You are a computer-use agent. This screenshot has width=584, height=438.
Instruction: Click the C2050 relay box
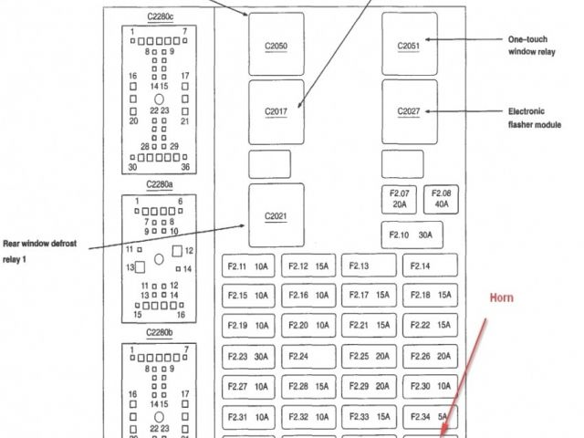(x=276, y=44)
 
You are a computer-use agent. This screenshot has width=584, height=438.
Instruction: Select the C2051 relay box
(x=409, y=44)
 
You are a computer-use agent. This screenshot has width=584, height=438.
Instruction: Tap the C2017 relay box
(x=276, y=111)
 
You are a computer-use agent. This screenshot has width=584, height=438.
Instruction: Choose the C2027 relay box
(x=409, y=111)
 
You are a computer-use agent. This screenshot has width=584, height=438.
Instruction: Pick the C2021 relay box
(x=276, y=215)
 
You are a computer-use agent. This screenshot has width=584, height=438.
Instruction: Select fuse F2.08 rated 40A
(x=442, y=199)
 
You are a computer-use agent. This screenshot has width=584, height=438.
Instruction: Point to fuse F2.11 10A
(x=247, y=266)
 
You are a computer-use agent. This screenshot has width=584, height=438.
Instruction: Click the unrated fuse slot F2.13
(x=369, y=266)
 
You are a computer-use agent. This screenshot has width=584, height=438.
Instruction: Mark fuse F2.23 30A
(x=247, y=356)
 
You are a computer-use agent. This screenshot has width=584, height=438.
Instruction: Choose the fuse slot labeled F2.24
(x=308, y=356)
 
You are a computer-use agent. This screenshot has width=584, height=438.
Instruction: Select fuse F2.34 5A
(x=429, y=417)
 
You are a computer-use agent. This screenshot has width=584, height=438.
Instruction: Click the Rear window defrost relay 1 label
(x=40, y=251)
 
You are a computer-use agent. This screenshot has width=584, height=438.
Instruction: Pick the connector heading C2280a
(x=159, y=185)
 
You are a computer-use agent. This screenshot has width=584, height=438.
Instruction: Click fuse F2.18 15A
(x=429, y=296)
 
